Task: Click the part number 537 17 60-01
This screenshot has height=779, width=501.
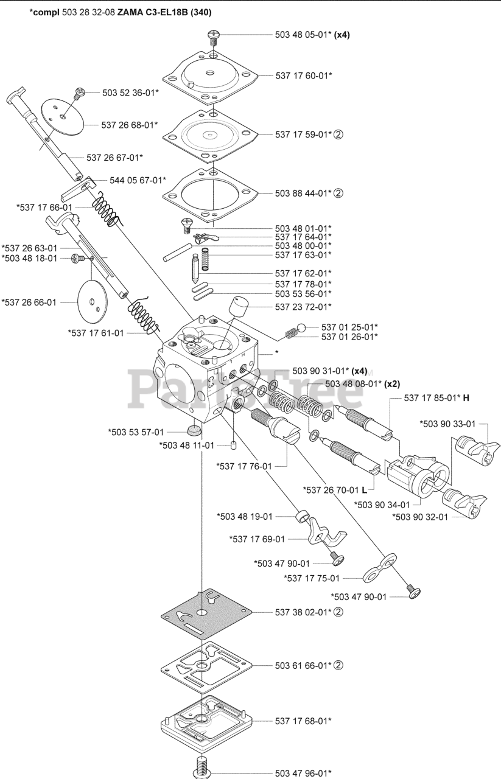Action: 303,75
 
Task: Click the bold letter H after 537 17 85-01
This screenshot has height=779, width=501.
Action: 466,398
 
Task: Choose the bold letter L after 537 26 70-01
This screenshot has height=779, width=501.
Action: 364,489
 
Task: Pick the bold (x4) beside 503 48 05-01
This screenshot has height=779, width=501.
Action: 342,35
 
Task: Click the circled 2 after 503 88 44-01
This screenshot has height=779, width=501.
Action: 339,193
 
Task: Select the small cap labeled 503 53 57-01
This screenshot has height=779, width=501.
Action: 194,431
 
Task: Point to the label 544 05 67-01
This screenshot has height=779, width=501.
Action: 138,180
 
